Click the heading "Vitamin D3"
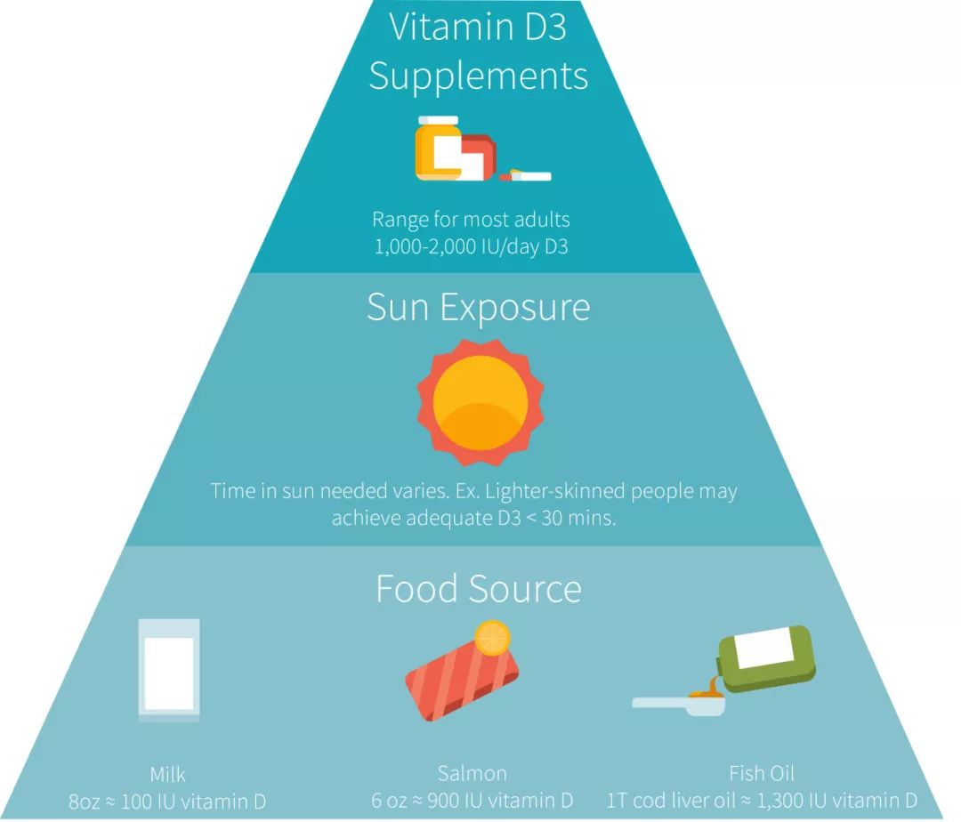[478, 27]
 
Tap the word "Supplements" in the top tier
[479, 77]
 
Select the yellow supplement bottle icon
[438, 149]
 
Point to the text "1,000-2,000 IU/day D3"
[472, 246]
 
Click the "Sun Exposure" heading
[479, 307]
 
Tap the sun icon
[480, 403]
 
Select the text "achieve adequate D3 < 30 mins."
[473, 518]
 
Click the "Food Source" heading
[479, 589]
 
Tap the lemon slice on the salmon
[493, 638]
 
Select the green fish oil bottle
[767, 658]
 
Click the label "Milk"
[168, 775]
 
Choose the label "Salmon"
[472, 774]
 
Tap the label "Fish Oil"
[762, 774]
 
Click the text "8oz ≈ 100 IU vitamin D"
[167, 802]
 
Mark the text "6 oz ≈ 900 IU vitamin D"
[472, 801]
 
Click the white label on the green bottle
[765, 647]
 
